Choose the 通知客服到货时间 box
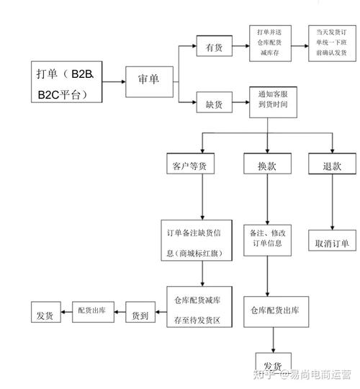[268, 104]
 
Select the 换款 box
[267, 165]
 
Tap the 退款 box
[332, 165]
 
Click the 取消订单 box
[332, 243]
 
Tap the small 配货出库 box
[92, 310]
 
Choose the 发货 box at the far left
[45, 315]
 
